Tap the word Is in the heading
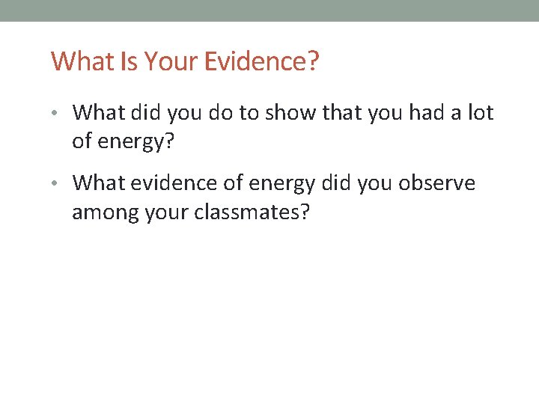pyautogui.click(x=129, y=61)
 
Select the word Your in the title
pyautogui.click(x=171, y=61)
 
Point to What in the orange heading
pyautogui.click(x=82, y=61)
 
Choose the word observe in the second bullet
pyautogui.click(x=439, y=183)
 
